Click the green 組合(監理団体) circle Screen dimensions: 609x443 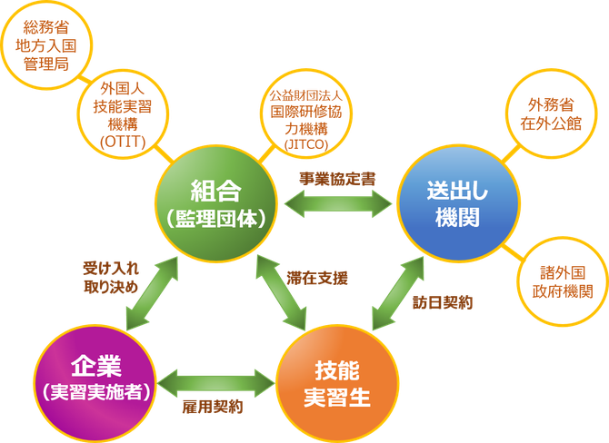(216, 203)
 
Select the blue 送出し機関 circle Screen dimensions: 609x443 (458, 203)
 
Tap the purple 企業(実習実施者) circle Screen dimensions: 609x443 (95, 383)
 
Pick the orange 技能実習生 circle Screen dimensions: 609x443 (337, 383)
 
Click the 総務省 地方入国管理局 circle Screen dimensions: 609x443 (46, 45)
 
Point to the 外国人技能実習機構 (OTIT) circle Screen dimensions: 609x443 (123, 114)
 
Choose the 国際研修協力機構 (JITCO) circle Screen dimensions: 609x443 (306, 114)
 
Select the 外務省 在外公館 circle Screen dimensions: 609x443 (551, 113)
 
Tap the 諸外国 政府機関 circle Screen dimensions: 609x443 (563, 281)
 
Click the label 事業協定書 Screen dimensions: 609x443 (337, 179)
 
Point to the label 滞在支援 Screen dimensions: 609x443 (317, 278)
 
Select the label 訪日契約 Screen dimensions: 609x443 (443, 302)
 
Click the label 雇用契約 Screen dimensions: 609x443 (213, 407)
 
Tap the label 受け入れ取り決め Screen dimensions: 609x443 (111, 278)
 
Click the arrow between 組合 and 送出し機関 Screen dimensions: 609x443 (338, 203)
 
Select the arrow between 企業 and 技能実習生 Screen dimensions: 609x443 (216, 383)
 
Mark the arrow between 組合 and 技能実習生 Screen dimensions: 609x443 (281, 293)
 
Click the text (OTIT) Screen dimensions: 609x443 (123, 142)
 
